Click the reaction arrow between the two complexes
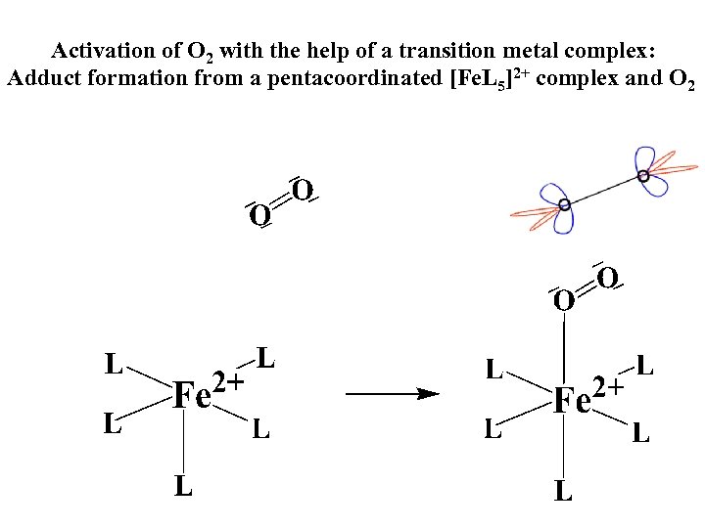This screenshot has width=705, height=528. pos(392,395)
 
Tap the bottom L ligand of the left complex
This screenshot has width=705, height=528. pos(183,485)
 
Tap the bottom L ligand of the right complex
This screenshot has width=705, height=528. pos(563,490)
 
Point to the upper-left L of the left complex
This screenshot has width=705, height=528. pos(115,364)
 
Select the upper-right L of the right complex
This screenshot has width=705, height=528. pos(644,367)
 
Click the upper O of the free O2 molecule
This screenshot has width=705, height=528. pos(303,188)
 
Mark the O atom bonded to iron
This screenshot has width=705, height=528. pos(563,299)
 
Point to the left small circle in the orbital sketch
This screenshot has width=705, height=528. pos(563,205)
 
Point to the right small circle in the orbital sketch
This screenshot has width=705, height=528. pos(643,176)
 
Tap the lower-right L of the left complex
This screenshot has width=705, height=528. pos(260,428)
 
